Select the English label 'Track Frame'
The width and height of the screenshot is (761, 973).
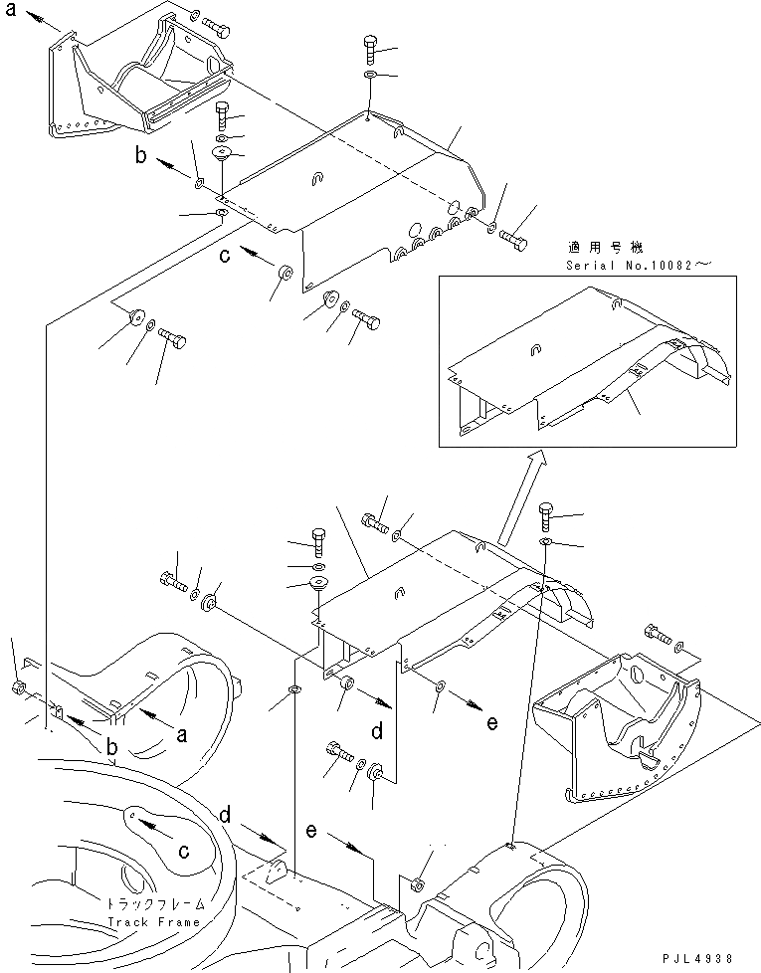154,921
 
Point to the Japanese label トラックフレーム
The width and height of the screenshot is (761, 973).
154,904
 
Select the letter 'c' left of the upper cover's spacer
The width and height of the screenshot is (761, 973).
226,256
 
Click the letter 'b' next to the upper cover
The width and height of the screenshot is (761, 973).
142,155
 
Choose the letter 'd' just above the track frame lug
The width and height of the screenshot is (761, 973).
228,816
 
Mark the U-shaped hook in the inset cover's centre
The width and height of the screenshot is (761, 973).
535,348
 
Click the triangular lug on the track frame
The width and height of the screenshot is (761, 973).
279,870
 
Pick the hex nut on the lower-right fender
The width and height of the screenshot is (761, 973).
417,884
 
